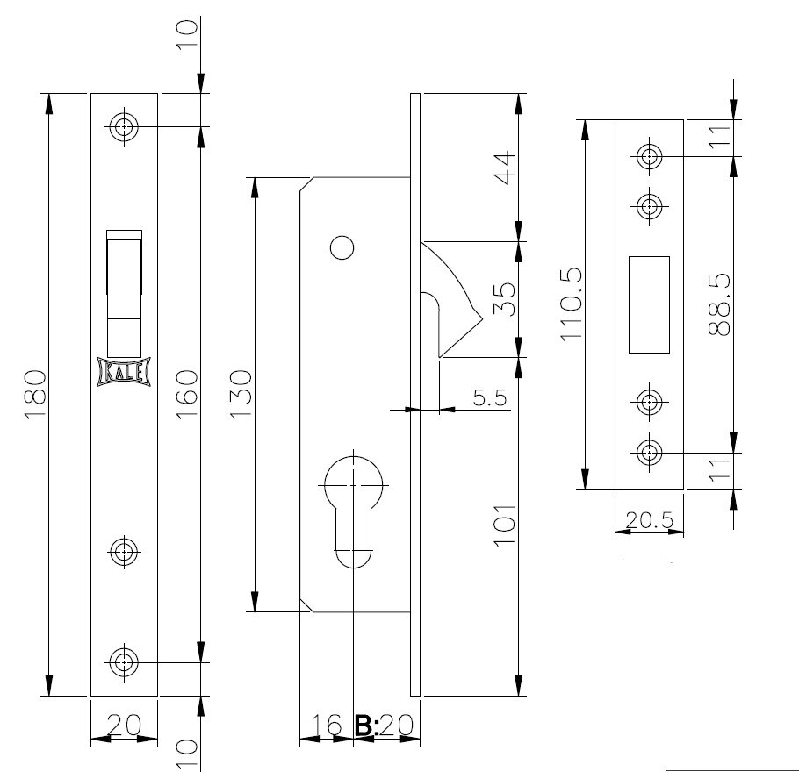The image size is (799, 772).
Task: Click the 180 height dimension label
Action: pos(34,394)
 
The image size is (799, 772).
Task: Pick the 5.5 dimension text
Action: pos(490,398)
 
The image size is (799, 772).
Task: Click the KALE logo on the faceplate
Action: pos(124,372)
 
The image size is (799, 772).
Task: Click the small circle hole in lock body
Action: pos(342,248)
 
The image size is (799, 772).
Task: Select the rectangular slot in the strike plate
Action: pos(649,304)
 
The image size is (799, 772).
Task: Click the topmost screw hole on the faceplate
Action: pos(124,126)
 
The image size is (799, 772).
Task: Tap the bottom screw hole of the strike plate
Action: pos(650,454)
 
